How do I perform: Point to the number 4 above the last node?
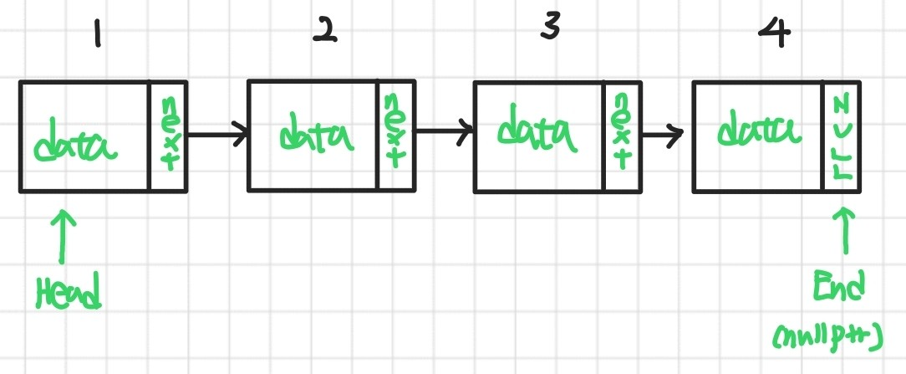[771, 33]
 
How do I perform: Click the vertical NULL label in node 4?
[842, 136]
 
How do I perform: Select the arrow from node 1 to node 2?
[216, 132]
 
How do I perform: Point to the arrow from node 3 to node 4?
[664, 135]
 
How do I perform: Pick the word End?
[840, 289]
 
